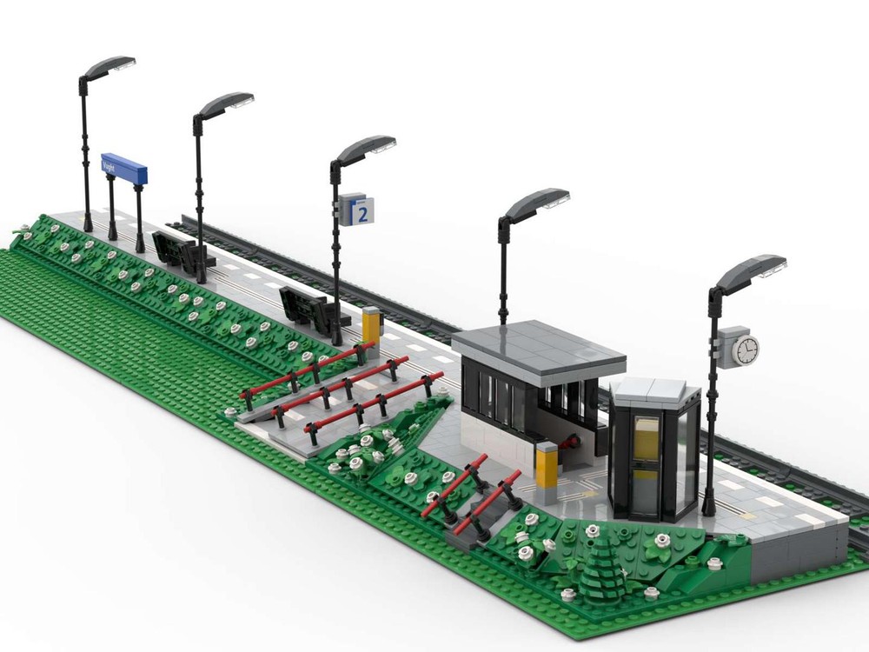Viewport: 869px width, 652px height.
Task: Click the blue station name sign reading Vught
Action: pyautogui.click(x=124, y=168)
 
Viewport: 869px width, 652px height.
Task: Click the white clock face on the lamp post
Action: pyautogui.click(x=745, y=349)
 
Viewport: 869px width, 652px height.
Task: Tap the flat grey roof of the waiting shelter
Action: pyautogui.click(x=540, y=349)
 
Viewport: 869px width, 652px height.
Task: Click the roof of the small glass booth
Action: pyautogui.click(x=654, y=391)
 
